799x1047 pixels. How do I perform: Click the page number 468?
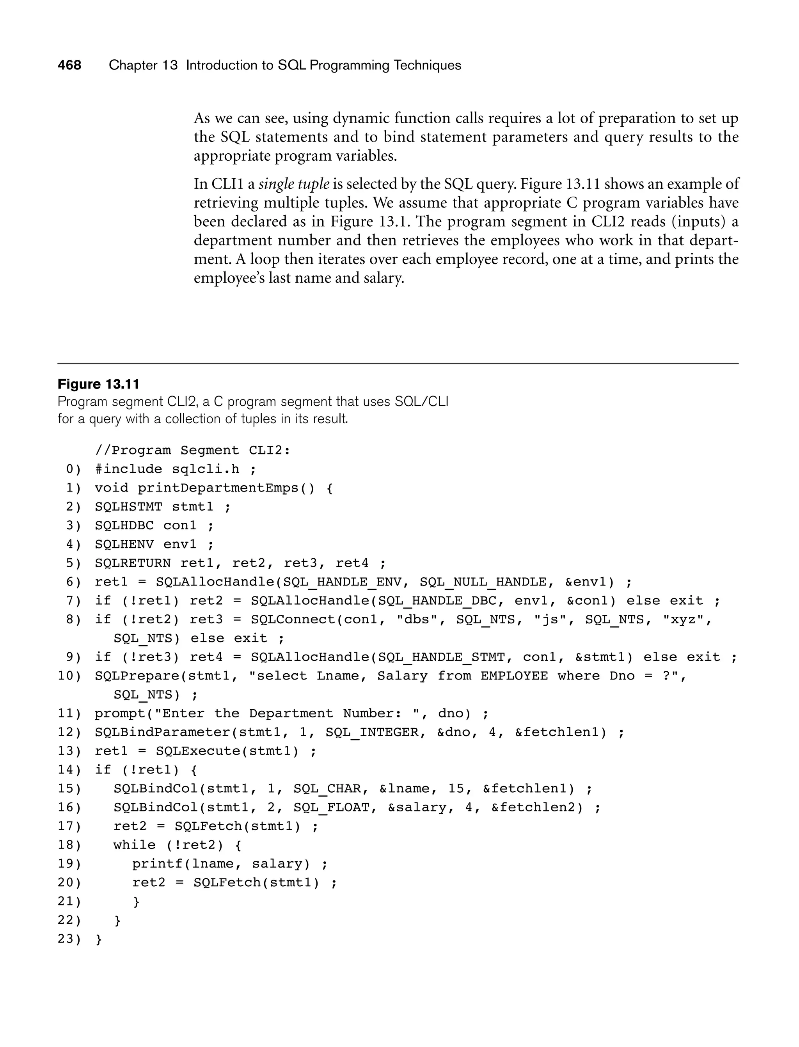click(69, 65)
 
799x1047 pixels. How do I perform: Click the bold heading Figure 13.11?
click(98, 384)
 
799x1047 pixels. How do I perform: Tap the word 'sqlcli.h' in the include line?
click(206, 469)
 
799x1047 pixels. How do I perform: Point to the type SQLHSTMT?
click(128, 507)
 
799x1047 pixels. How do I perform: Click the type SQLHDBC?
click(124, 526)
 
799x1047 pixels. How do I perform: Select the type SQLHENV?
click(124, 545)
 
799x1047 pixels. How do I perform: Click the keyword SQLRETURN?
click(133, 563)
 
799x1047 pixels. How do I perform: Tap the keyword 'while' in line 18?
click(134, 845)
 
